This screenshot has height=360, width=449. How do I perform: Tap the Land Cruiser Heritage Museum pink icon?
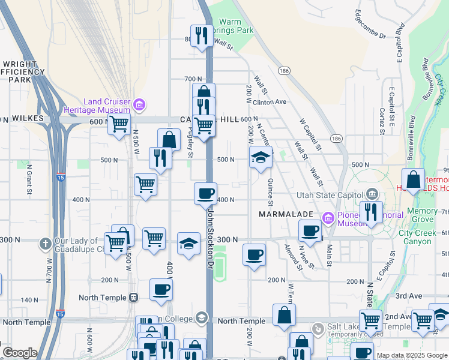[139, 106]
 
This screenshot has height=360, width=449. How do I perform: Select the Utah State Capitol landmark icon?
[372, 194]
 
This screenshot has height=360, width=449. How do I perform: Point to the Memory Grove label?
[422, 215]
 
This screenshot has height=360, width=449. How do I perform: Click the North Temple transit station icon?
[133, 298]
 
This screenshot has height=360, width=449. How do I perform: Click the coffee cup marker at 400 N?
[205, 193]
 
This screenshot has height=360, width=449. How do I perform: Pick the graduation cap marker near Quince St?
[261, 157]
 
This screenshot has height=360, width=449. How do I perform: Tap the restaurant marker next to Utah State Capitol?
[371, 212]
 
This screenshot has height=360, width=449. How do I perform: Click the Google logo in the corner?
[20, 353]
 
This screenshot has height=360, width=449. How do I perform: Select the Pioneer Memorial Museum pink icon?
[328, 218]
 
